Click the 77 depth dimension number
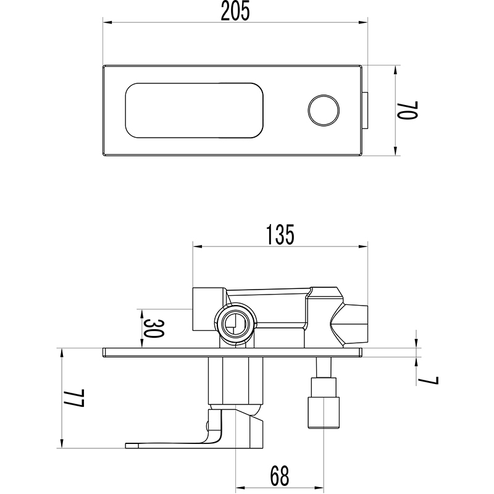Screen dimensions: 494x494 tap(76, 396)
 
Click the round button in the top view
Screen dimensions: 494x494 tap(324, 111)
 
